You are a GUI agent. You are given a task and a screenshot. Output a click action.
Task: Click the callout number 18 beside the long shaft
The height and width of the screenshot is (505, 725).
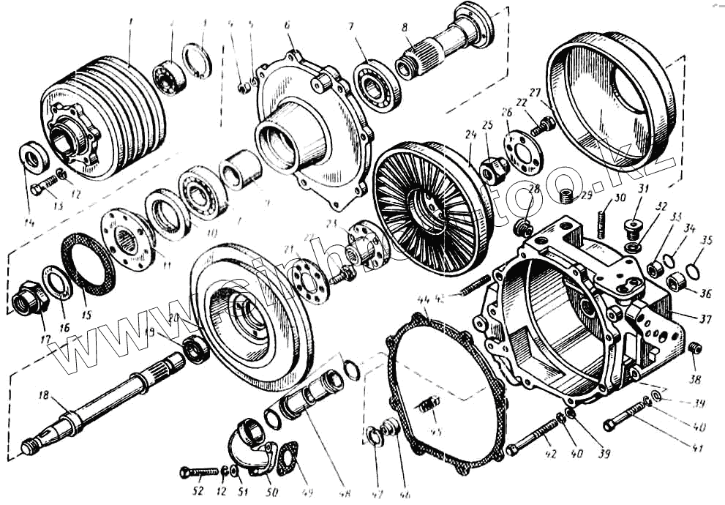click(x=44, y=397)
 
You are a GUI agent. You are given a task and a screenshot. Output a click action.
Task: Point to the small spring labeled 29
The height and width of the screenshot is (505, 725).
click(x=564, y=195)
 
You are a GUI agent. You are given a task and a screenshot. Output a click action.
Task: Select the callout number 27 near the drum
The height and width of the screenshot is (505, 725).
click(x=534, y=93)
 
